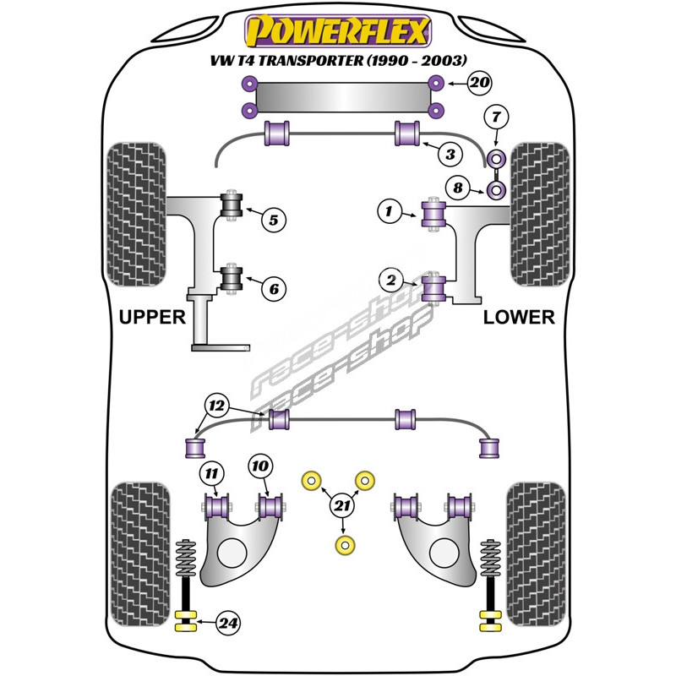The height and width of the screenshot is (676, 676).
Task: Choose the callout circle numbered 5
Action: point(273,221)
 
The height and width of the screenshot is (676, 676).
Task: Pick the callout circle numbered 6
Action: point(273,288)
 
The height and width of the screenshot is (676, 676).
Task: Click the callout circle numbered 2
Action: point(391,279)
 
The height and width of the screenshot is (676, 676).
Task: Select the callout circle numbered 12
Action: point(217,406)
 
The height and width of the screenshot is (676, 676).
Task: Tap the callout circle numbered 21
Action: point(341,506)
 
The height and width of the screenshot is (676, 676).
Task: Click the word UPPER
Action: point(152,318)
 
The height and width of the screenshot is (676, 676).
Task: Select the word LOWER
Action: point(519,318)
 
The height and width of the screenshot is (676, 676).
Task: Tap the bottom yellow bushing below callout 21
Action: point(343,546)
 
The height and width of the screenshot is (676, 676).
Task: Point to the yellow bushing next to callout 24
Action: point(186,624)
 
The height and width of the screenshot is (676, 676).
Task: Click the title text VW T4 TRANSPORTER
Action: point(281,59)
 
